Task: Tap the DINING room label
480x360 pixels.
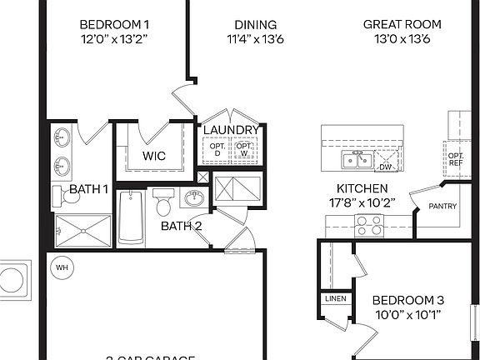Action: [255, 24]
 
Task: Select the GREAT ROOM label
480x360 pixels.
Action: [399, 24]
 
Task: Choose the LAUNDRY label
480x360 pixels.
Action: [231, 130]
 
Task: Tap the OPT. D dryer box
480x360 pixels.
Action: [218, 150]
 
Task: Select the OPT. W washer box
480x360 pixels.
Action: [244, 150]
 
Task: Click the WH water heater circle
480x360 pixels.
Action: [62, 267]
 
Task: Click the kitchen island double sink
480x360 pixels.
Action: [354, 160]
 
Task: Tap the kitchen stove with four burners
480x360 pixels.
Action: [369, 224]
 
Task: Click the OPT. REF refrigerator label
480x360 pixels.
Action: [456, 159]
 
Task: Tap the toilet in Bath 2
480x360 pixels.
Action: [163, 202]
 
